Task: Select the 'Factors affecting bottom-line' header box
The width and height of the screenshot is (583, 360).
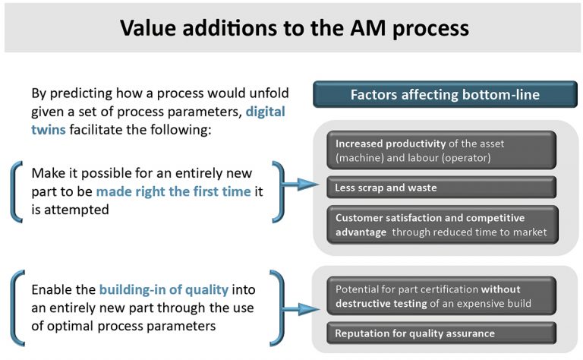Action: (445, 95)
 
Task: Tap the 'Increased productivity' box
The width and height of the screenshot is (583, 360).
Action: (441, 150)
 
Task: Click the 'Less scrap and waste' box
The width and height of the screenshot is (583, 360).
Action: (441, 188)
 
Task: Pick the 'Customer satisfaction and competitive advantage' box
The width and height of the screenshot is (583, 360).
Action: (441, 224)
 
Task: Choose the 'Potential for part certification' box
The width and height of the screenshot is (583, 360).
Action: (441, 295)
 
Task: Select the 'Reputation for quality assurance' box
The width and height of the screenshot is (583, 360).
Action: (441, 333)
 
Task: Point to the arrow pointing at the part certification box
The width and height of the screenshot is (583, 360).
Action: (302, 308)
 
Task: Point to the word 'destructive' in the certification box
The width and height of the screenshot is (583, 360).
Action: (367, 302)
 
